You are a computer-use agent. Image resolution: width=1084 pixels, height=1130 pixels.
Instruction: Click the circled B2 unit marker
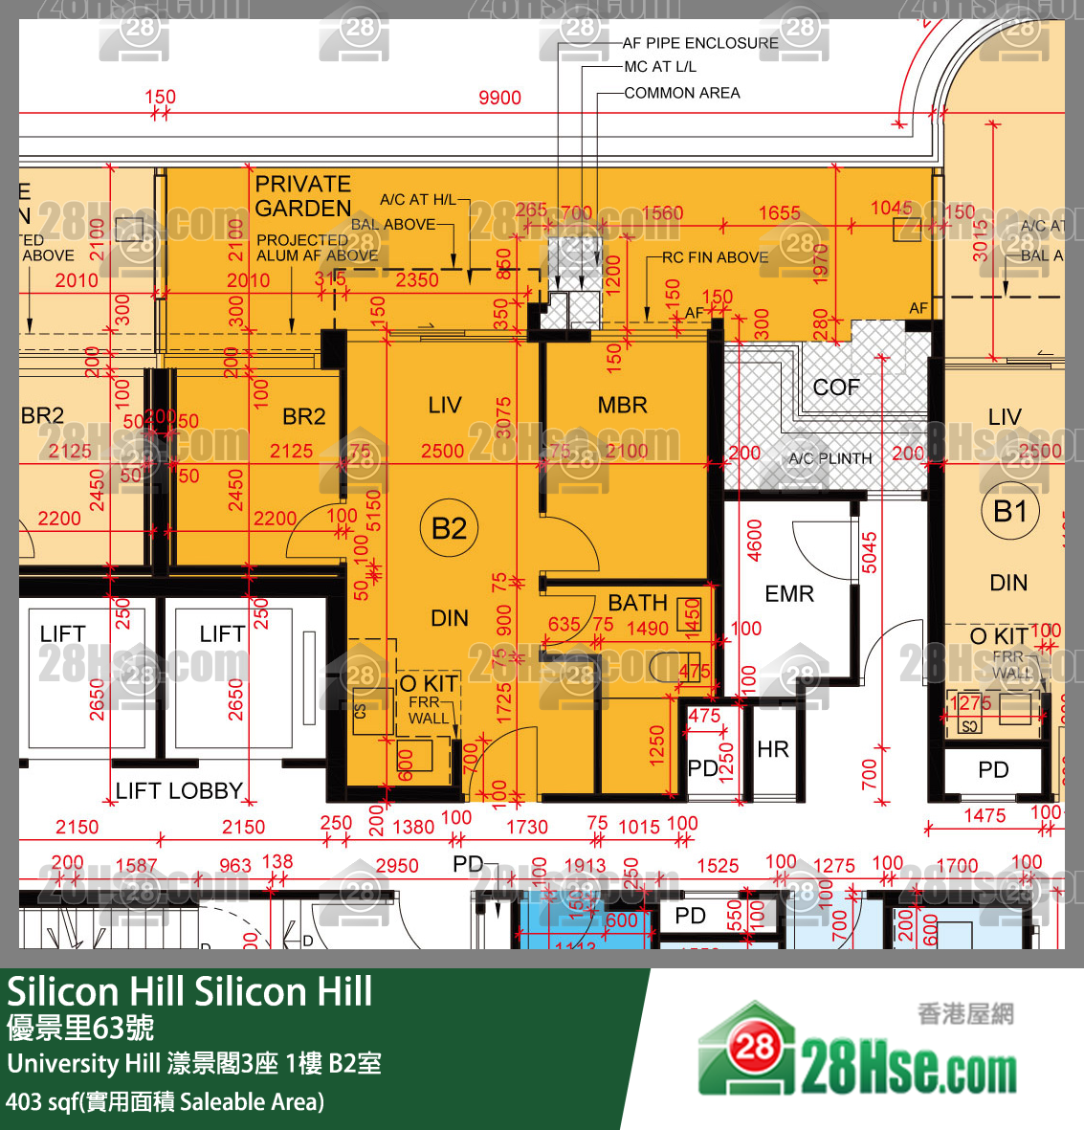pyautogui.click(x=449, y=528)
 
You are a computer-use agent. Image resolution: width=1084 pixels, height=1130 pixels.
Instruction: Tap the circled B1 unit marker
pyautogui.click(x=1009, y=512)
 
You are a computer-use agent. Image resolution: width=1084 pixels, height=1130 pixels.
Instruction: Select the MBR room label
pyautogui.click(x=623, y=406)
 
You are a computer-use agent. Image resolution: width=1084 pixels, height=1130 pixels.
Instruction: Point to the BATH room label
pyautogui.click(x=637, y=603)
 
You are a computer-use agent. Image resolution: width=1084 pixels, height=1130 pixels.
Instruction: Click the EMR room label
pyautogui.click(x=789, y=594)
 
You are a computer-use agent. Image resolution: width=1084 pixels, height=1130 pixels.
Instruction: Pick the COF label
pyautogui.click(x=836, y=388)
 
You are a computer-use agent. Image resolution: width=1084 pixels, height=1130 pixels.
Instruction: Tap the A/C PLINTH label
pyautogui.click(x=830, y=459)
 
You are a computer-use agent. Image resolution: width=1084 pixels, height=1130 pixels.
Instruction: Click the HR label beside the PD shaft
pyautogui.click(x=773, y=749)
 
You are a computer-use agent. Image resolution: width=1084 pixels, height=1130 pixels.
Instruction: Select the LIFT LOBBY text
pyautogui.click(x=179, y=791)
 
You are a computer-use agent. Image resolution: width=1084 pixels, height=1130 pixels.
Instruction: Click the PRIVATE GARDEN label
pyautogui.click(x=303, y=196)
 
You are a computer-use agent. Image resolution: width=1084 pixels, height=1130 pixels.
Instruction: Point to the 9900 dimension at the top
pyautogui.click(x=499, y=98)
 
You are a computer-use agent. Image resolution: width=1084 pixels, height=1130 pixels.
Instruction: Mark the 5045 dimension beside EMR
pyautogui.click(x=869, y=553)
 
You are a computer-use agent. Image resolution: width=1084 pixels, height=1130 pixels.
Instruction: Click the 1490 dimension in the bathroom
pyautogui.click(x=648, y=629)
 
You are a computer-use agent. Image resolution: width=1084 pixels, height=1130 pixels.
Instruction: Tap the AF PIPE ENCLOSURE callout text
pyautogui.click(x=700, y=43)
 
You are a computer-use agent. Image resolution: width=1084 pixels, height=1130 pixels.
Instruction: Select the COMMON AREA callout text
pyautogui.click(x=682, y=93)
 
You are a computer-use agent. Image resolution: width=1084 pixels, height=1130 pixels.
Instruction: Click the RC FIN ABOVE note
pyautogui.click(x=716, y=257)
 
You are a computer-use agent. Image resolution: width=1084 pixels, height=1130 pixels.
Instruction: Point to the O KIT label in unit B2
pyautogui.click(x=428, y=683)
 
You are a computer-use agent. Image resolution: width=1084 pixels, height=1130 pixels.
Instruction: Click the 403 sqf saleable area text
pyautogui.click(x=165, y=1102)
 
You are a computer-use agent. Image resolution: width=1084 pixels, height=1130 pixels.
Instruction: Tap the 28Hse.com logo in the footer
pyautogui.click(x=858, y=1053)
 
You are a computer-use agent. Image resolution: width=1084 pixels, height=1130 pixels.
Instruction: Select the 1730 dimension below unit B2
pyautogui.click(x=527, y=828)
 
